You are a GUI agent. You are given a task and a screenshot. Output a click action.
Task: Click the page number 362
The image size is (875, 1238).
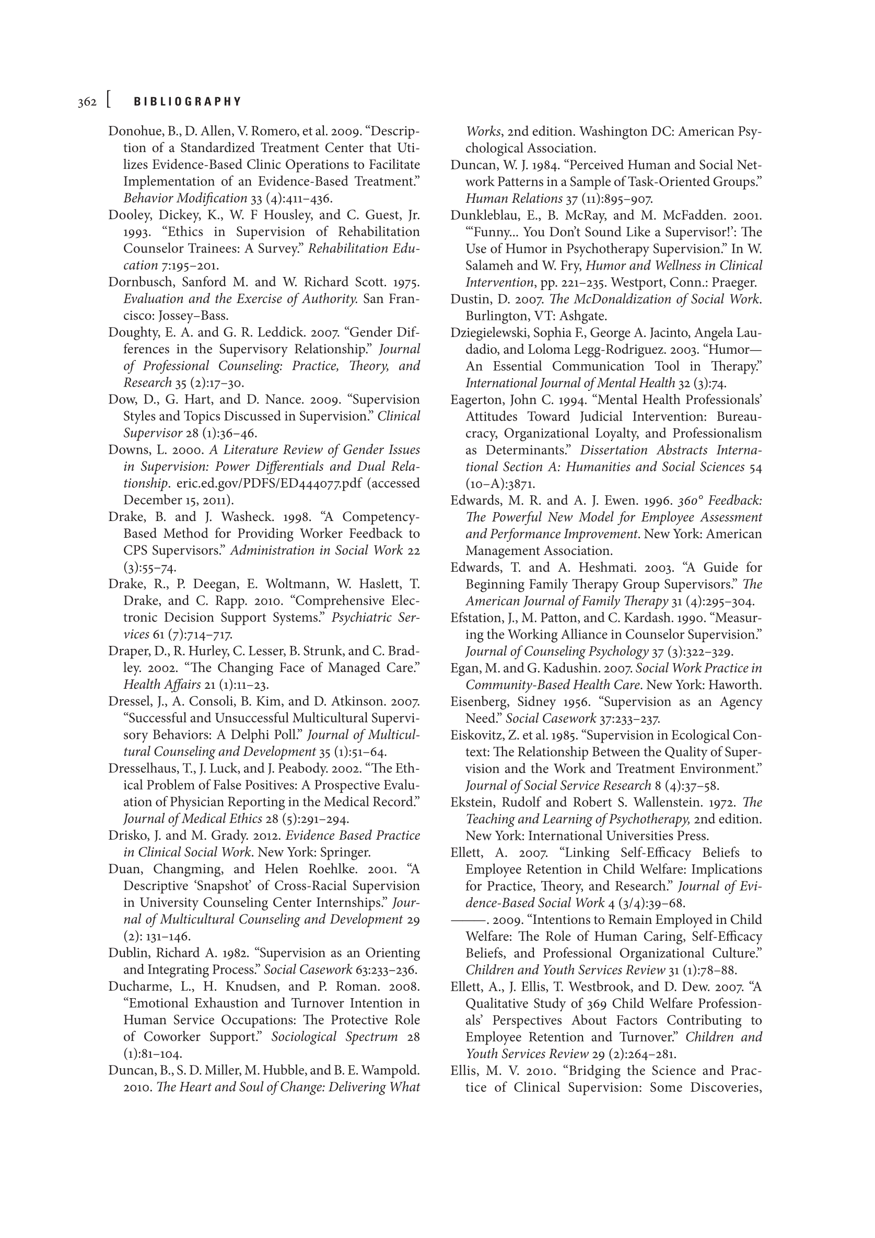click(87, 102)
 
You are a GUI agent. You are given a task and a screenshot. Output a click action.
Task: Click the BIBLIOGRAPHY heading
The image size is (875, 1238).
click(188, 102)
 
